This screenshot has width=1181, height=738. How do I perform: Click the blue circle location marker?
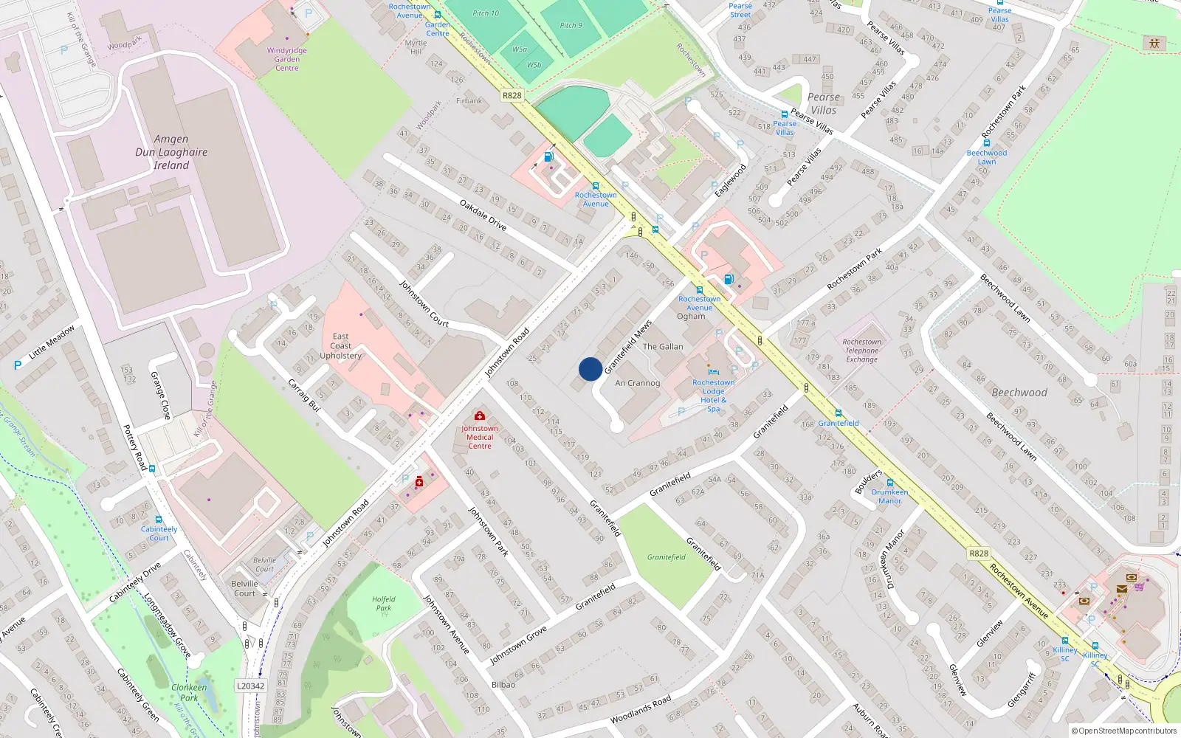click(x=590, y=369)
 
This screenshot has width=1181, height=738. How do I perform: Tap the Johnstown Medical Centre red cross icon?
click(x=480, y=416)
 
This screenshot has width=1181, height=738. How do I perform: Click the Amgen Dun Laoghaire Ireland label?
click(x=171, y=152)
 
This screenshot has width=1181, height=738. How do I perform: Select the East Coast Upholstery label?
click(x=340, y=346)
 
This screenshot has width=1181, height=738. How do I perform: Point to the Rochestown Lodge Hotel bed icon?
click(x=713, y=372)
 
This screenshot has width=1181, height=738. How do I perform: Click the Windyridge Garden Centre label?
click(x=287, y=59)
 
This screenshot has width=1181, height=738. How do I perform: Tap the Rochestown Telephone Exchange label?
click(x=862, y=351)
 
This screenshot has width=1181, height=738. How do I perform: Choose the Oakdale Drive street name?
click(x=483, y=215)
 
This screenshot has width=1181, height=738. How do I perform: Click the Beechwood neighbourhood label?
click(x=1019, y=393)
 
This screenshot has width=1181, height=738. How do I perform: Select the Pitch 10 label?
click(x=486, y=13)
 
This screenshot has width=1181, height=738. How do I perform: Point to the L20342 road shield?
click(x=250, y=686)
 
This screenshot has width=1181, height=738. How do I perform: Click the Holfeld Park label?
click(x=384, y=604)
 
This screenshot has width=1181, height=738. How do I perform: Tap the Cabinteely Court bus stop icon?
click(x=159, y=519)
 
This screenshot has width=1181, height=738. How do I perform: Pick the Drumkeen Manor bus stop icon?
click(x=890, y=483)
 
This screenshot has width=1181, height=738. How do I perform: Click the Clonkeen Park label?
click(x=189, y=692)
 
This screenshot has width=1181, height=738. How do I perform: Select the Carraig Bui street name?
click(x=303, y=395)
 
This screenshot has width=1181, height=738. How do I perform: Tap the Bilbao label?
click(x=503, y=685)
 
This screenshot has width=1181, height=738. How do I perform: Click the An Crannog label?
click(x=638, y=383)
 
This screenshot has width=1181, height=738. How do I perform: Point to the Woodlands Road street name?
click(x=641, y=709)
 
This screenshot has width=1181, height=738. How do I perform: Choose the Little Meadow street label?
click(x=52, y=342)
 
